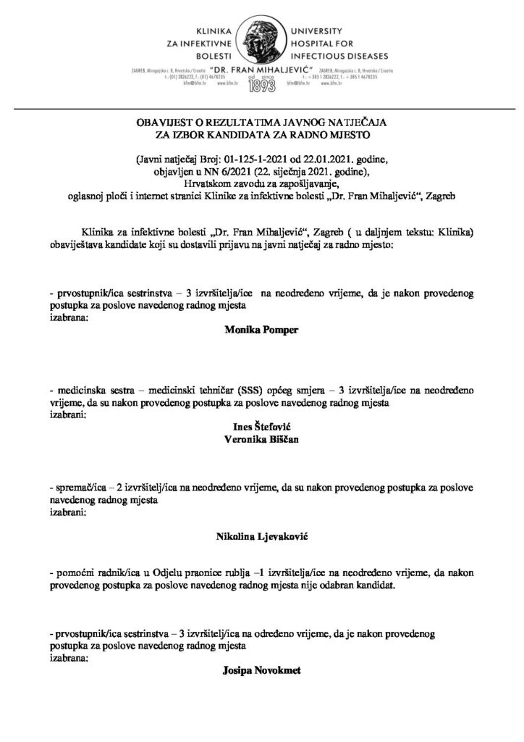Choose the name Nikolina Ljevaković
pos(261,536)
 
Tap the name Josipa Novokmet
pos(261,670)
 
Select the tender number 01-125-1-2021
pos(258,159)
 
